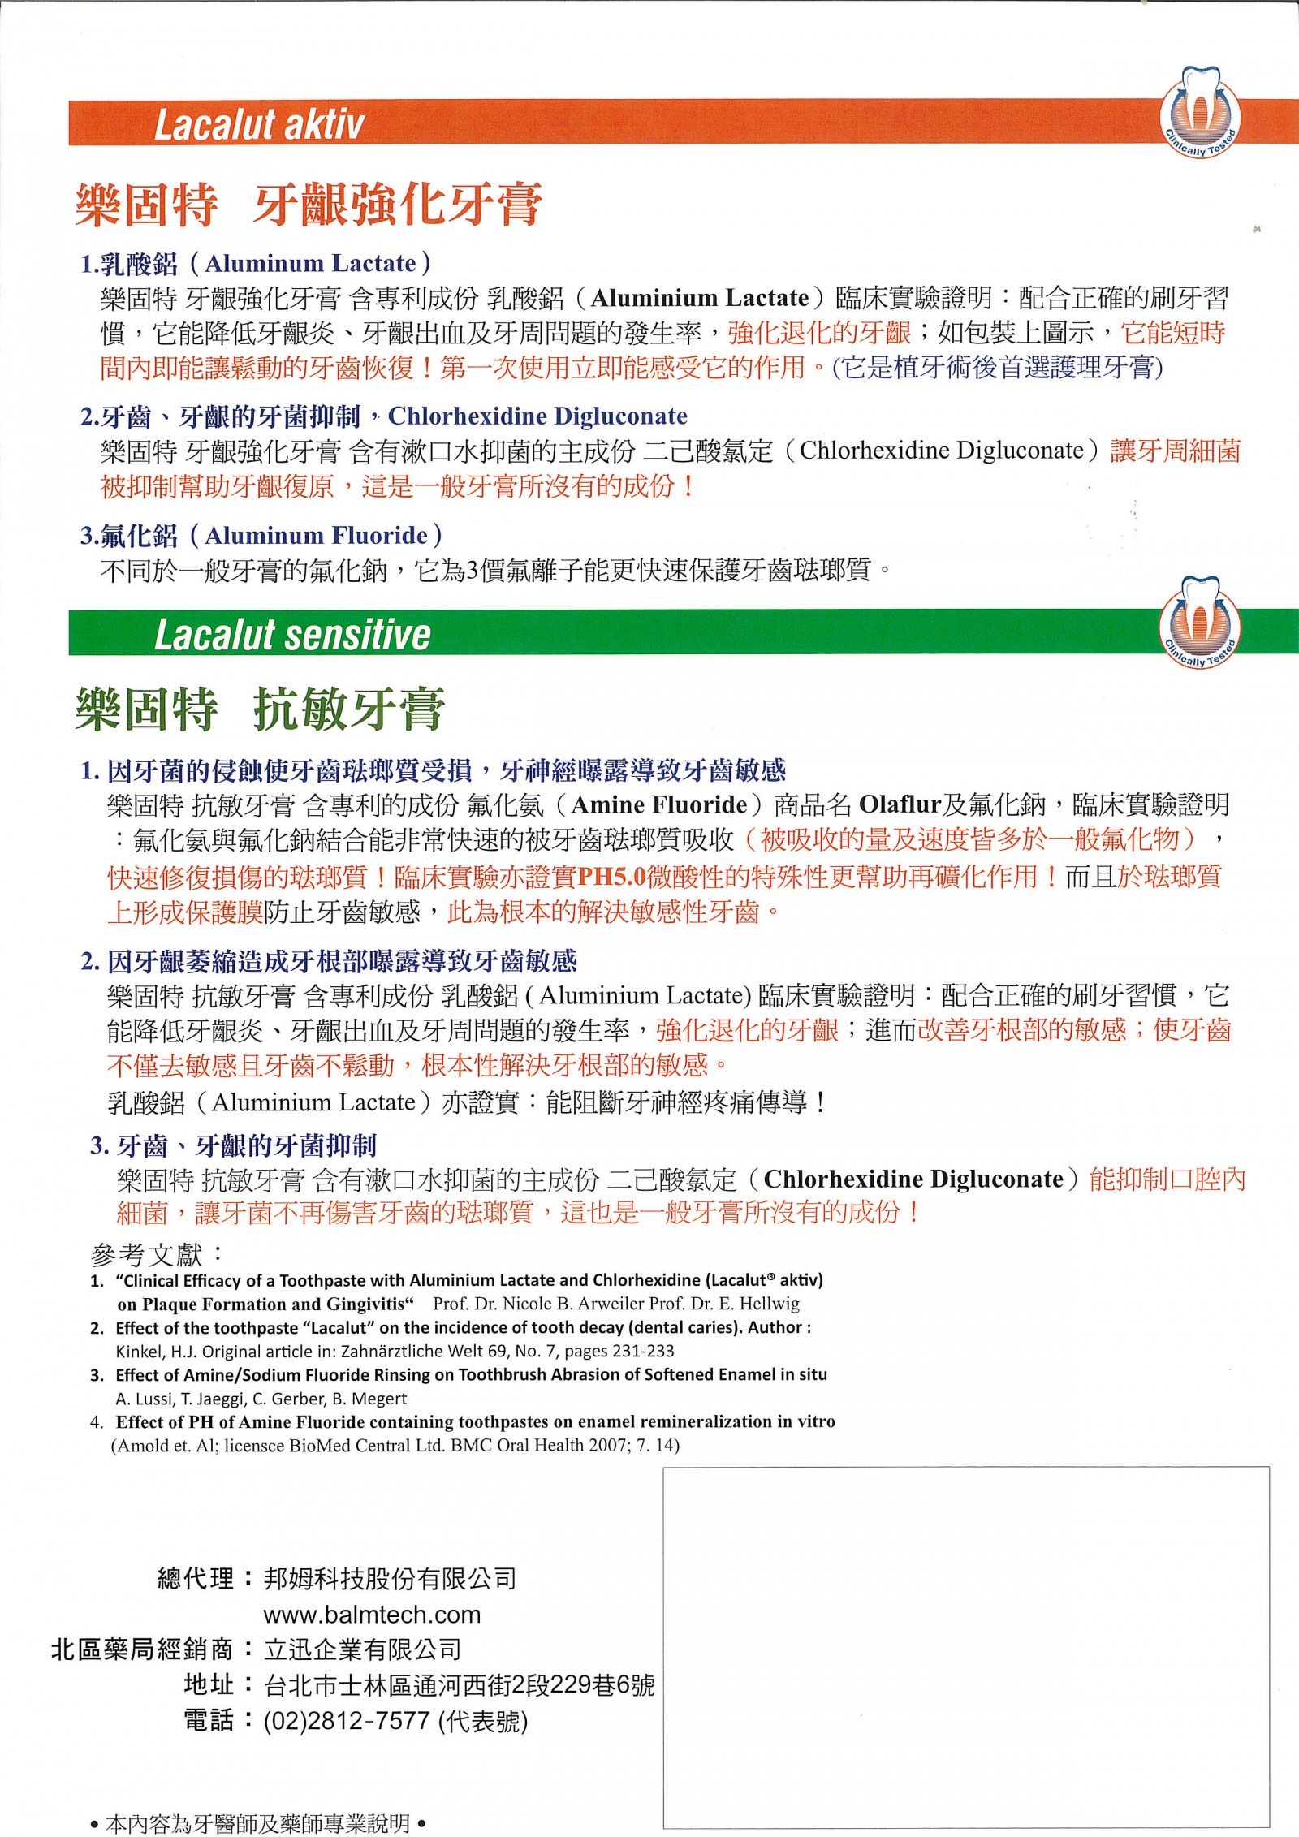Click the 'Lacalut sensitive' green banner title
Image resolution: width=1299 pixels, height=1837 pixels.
point(291,635)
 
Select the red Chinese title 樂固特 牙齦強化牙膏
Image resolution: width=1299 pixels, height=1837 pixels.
point(309,204)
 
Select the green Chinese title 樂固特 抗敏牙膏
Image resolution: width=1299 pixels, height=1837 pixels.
point(260,709)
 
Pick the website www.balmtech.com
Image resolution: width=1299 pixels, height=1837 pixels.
point(372,1615)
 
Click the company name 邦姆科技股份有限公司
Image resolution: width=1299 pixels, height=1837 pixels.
point(390,1579)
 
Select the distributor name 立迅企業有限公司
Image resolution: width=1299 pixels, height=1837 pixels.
point(363,1650)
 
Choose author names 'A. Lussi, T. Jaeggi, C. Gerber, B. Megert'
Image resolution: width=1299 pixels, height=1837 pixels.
point(261,1399)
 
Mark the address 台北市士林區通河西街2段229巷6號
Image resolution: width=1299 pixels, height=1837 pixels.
point(459,1686)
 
